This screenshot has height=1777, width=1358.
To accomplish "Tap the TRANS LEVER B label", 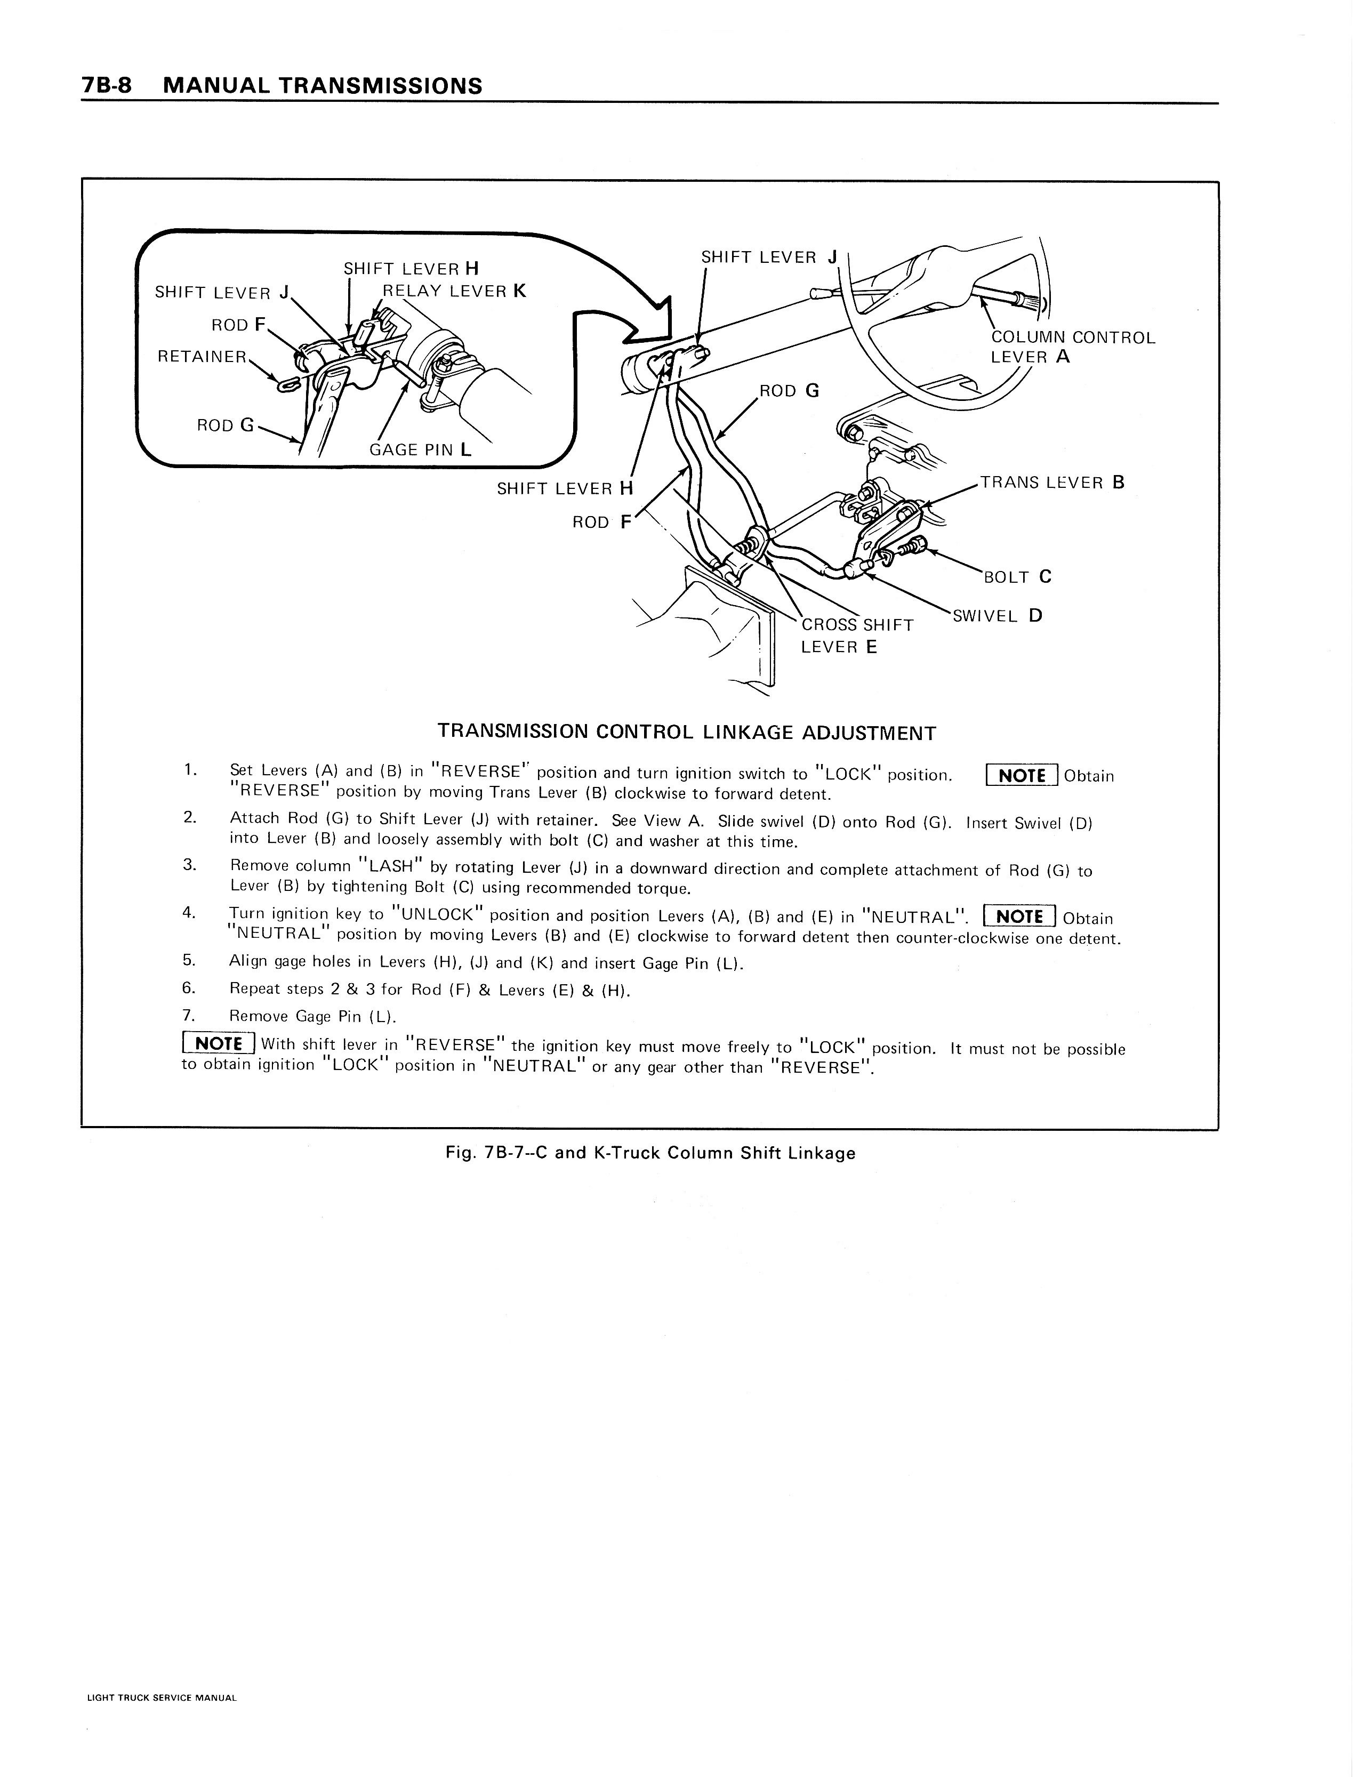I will coord(1051,483).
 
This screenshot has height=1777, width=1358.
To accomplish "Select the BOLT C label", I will coord(1017,576).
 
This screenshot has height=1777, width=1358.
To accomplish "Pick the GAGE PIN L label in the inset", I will coord(420,449).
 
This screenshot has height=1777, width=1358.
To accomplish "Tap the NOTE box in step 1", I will coord(1022,775).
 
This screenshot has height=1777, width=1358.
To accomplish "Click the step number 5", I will coord(189,960).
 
